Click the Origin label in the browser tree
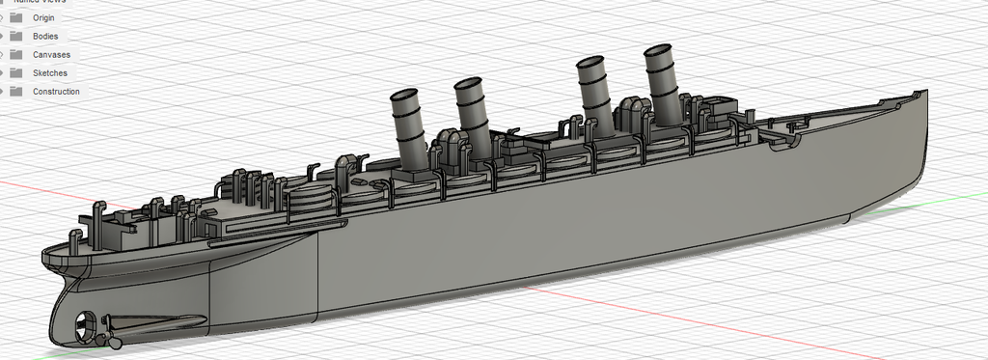(43, 17)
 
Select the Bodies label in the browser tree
(45, 36)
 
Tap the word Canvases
(51, 55)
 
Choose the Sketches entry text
(49, 73)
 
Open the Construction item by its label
(56, 92)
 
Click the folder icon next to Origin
(15, 17)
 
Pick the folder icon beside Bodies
(15, 36)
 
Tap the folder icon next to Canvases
(15, 55)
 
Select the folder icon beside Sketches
(15, 73)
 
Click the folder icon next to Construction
(15, 92)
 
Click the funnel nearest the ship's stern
(408, 125)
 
